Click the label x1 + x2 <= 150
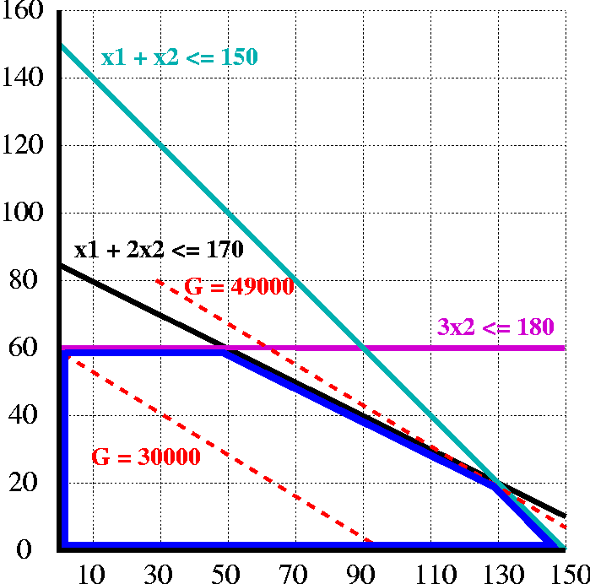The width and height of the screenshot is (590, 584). coord(180,58)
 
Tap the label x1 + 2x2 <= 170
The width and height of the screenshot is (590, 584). coord(159,250)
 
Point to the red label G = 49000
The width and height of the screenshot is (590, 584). coord(239,287)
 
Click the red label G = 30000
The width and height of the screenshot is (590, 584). coord(145,457)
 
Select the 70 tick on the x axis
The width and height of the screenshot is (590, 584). coord(295,573)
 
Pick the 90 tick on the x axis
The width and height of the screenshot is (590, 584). coord(362,573)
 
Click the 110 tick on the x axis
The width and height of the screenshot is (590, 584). coord(429,573)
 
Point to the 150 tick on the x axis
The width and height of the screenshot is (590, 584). coord(563,573)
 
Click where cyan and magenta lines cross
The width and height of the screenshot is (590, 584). coord(363,348)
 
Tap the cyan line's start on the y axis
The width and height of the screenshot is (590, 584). coord(61,44)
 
